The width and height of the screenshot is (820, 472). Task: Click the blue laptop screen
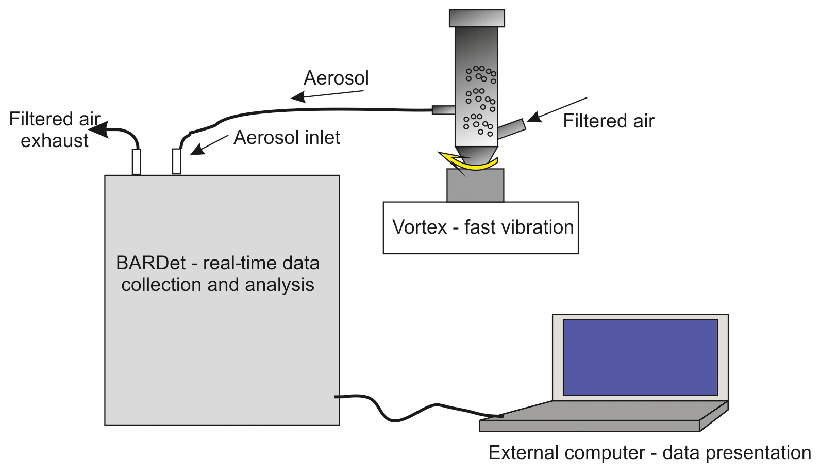pos(640,357)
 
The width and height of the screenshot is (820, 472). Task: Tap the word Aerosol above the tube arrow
pos(336,78)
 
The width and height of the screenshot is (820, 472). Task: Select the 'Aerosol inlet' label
pos(287,138)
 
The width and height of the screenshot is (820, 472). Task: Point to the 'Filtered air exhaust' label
pos(54,129)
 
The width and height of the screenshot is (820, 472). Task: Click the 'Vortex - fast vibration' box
pos(480,227)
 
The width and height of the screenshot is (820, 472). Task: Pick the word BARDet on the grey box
pos(150,263)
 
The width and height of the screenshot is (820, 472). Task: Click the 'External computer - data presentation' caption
pos(649,453)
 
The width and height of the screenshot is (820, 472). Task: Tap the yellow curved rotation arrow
pos(469,162)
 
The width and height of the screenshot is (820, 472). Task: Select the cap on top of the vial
pos(477,18)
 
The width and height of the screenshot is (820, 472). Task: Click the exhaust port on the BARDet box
pos(136,161)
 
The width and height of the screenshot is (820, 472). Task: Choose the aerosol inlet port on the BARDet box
pos(177,161)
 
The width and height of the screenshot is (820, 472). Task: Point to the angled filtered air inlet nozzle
pos(512,128)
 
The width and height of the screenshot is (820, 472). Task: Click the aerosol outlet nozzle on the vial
pos(443,109)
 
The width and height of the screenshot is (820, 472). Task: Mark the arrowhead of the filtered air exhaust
pos(99,129)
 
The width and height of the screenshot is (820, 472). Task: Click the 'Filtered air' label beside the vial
pos(608,121)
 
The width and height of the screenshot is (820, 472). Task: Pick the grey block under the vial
pos(475,186)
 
